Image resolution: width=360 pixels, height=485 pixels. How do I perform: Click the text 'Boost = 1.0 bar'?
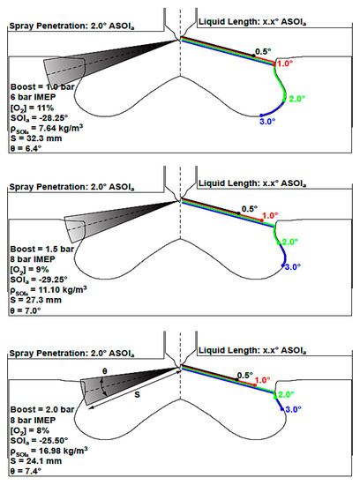point(42,87)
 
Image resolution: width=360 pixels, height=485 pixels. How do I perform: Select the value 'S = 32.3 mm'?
point(36,138)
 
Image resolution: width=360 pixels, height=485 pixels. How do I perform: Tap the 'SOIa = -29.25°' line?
point(39,280)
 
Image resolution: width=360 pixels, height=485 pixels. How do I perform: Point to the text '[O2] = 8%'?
point(30,430)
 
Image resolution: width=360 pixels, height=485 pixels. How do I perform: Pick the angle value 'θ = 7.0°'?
point(26,310)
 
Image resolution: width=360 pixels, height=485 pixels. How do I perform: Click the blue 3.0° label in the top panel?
point(267,122)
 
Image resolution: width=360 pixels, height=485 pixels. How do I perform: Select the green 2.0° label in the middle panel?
point(290,242)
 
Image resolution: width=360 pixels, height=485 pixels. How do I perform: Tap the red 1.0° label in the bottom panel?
point(262,380)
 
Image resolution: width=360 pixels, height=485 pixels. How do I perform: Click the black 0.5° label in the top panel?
point(263,51)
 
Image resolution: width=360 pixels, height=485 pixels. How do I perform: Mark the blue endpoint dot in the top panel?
point(261,116)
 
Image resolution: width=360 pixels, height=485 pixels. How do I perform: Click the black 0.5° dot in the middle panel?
point(238,213)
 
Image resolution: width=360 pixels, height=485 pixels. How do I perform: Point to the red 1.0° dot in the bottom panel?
point(254,385)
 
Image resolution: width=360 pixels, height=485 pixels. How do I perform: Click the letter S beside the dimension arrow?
point(137,394)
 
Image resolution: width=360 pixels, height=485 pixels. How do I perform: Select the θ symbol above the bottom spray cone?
point(105,371)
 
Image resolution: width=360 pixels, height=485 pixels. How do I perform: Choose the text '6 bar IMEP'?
point(34,97)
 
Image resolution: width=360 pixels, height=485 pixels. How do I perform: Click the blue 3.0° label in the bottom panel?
point(293,409)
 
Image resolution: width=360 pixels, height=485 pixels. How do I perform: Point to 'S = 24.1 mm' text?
point(36,461)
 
